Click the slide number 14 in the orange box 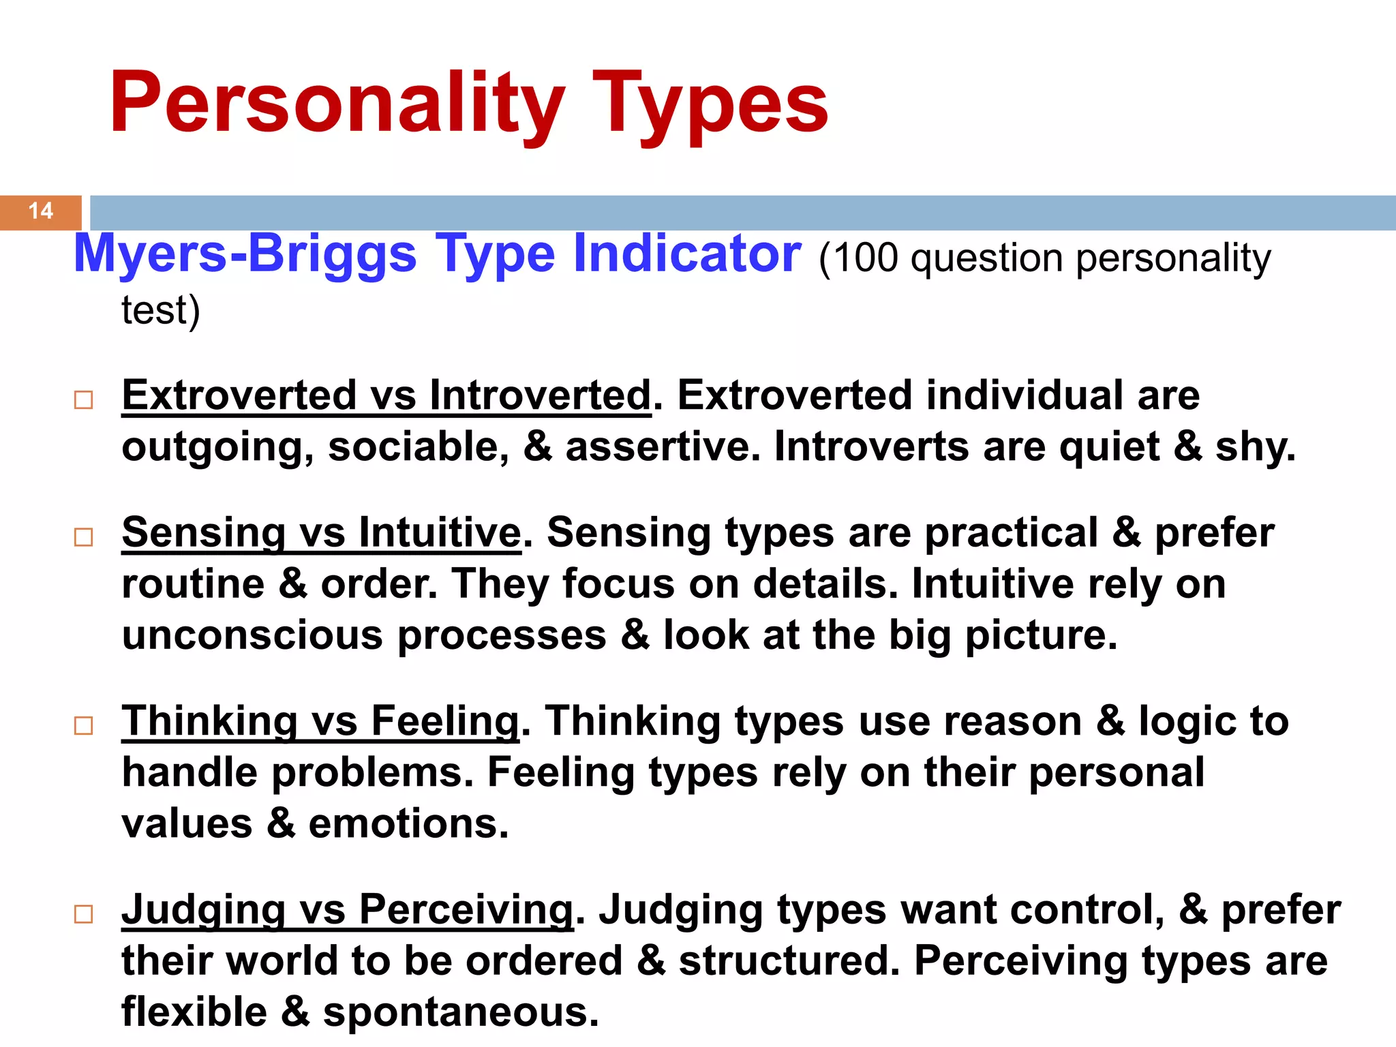point(41,211)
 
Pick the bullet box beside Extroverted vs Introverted point(83,399)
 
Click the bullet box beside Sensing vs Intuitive point(83,537)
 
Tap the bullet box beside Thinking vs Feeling point(83,725)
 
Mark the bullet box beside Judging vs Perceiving point(83,914)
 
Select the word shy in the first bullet point(1254,447)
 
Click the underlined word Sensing point(203,532)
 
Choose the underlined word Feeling point(445,721)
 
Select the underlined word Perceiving point(466,910)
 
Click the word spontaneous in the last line point(460,1012)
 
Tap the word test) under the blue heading point(161,311)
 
